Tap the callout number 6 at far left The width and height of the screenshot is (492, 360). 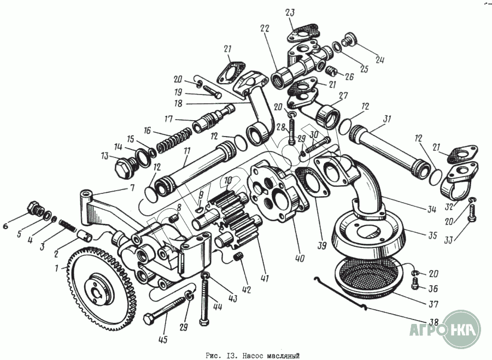pos(7,225)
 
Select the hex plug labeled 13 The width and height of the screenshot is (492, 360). pos(123,168)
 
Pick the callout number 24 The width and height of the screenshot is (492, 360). pos(380,60)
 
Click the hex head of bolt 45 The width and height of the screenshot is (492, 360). pos(149,318)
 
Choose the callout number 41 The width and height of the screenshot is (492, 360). pos(265,280)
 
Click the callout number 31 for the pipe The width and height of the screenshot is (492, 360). pos(388,119)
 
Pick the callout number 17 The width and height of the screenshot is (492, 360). pos(168,119)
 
